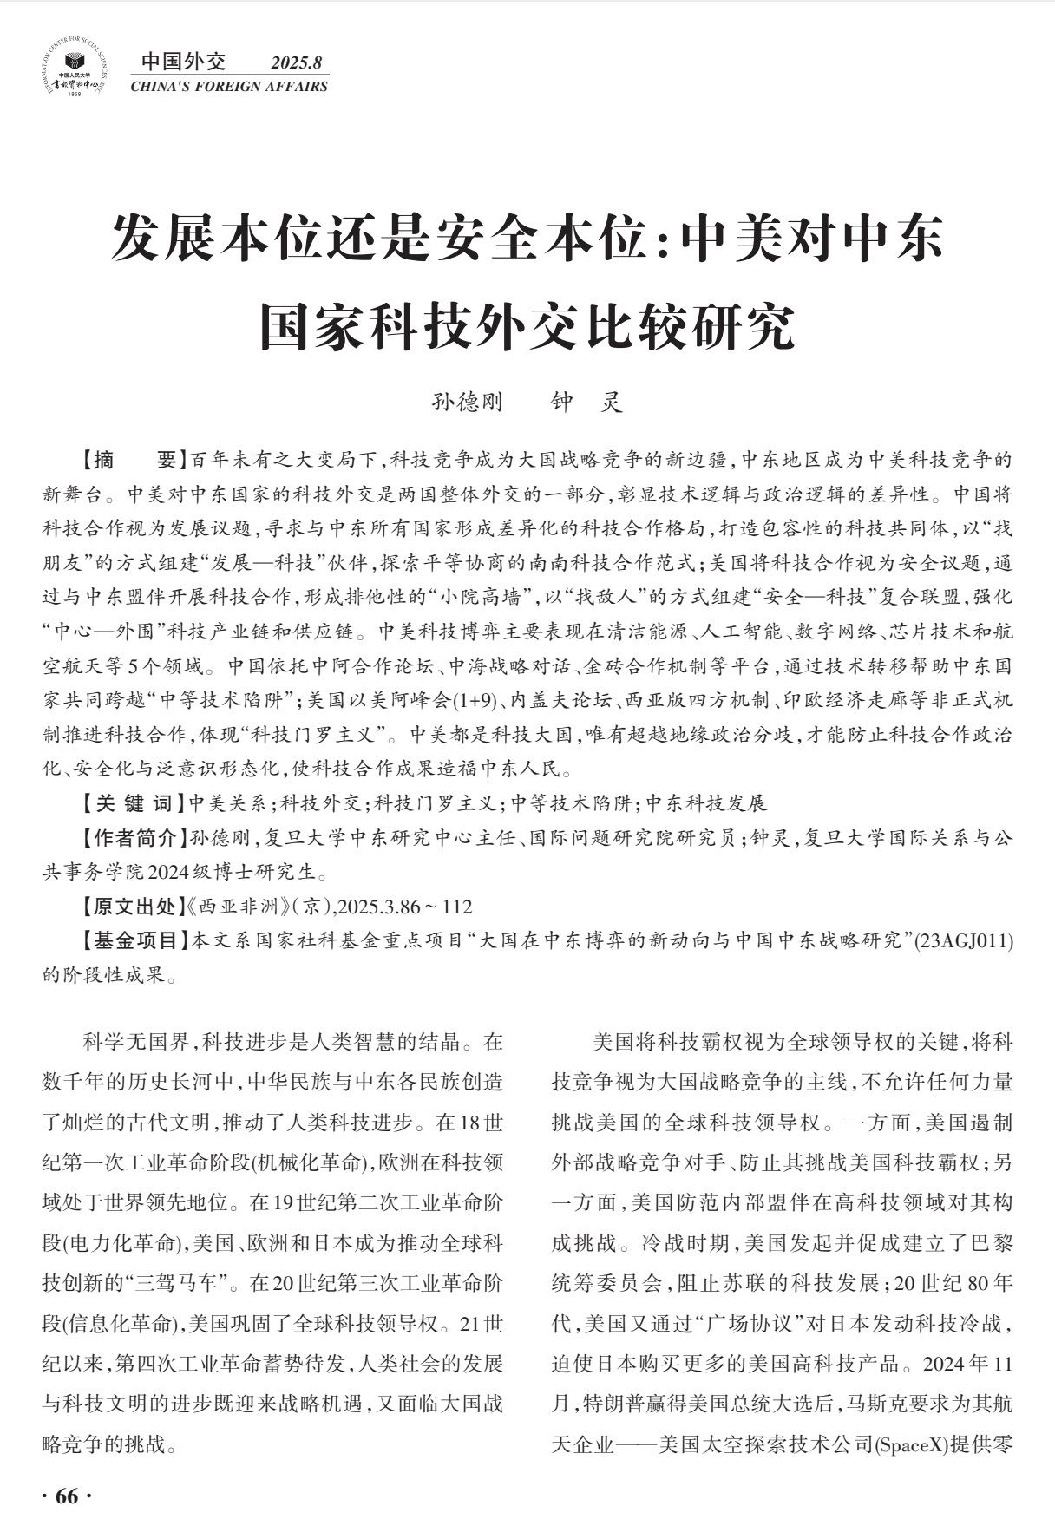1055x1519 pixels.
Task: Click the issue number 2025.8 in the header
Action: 296,62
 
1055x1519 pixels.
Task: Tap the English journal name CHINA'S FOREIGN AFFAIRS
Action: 229,87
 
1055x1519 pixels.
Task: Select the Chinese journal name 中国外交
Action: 183,62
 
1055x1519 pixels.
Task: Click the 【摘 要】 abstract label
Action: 132,460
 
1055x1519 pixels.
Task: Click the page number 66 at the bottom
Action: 67,1496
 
